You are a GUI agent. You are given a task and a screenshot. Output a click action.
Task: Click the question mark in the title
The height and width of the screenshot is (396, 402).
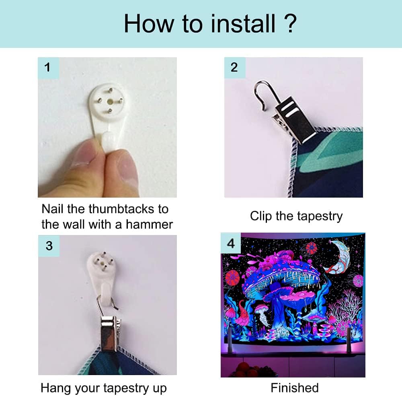[x=291, y=24]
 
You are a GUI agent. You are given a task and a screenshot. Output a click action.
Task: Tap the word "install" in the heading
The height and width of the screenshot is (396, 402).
[x=243, y=24]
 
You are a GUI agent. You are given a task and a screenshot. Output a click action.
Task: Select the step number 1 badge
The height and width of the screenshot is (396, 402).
[x=48, y=68]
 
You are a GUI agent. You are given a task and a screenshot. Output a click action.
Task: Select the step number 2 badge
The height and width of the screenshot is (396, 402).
[x=234, y=68]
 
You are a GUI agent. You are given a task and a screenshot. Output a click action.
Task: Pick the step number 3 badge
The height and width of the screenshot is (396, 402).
[x=49, y=246]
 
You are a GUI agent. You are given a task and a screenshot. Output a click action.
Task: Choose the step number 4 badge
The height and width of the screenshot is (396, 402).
[x=231, y=243]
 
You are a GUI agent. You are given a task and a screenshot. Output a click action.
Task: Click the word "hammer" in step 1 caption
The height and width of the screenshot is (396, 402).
[x=149, y=225]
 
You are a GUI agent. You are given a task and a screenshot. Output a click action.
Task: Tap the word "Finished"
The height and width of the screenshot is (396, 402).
[x=295, y=388]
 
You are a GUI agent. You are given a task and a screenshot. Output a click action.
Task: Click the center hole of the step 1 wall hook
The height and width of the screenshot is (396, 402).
[x=110, y=101]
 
